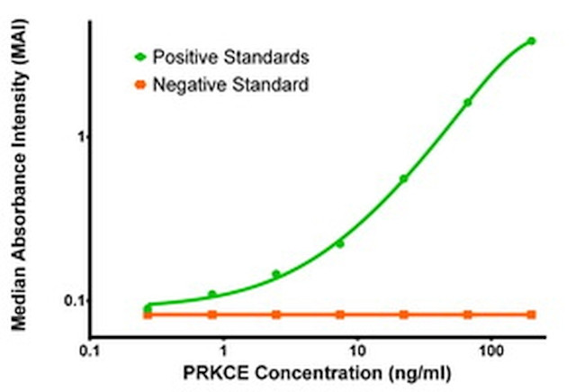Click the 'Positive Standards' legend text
pos(230,57)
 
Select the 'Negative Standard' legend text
pos(230,86)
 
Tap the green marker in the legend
pos(139,57)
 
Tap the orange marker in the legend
pos(139,86)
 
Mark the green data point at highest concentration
pos(531,41)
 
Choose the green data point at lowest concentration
pos(148,308)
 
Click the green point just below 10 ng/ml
pos(339,243)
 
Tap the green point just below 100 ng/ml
pos(467,102)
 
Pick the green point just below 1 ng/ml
pos(212,294)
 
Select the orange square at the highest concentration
pos(531,315)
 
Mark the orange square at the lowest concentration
pos(148,315)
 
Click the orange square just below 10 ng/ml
pos(339,315)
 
